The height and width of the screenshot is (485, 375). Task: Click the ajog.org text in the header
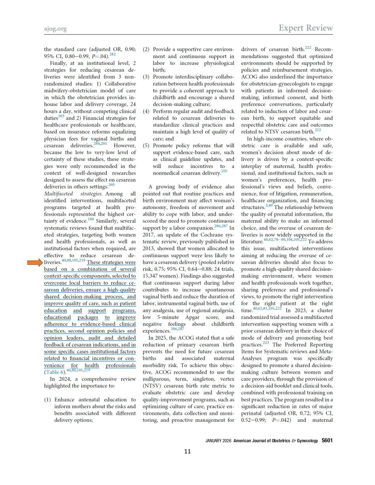pos(55,29)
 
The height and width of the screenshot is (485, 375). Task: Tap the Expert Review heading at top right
pos(306,28)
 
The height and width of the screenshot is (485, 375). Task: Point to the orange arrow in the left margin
pos(35,262)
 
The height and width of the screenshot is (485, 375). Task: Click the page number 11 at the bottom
pos(187,451)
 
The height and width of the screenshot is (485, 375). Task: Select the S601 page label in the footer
pos(327,440)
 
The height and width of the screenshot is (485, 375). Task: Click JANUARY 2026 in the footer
pos(218,441)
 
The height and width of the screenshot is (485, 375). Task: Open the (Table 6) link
pos(55,372)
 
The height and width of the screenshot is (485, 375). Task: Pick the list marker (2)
pos(146,49)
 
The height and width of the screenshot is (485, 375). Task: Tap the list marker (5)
pos(146,145)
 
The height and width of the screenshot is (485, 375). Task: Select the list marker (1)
pos(47,399)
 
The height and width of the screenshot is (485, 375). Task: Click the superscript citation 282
pos(113,54)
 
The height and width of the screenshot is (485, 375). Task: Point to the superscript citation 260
pos(111,185)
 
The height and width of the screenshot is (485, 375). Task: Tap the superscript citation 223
pos(266,343)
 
